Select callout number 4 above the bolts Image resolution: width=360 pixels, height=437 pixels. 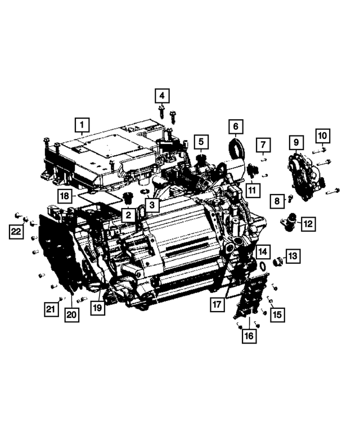coord(162,95)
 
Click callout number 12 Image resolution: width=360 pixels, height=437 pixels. coord(308,223)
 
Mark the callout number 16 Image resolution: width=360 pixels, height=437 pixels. coord(249,336)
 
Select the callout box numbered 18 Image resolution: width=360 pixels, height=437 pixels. coord(65,196)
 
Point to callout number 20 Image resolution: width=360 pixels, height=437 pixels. coord(71,315)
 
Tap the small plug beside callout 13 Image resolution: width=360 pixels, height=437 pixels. coord(277,260)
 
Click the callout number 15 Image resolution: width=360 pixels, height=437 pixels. coord(277,315)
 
